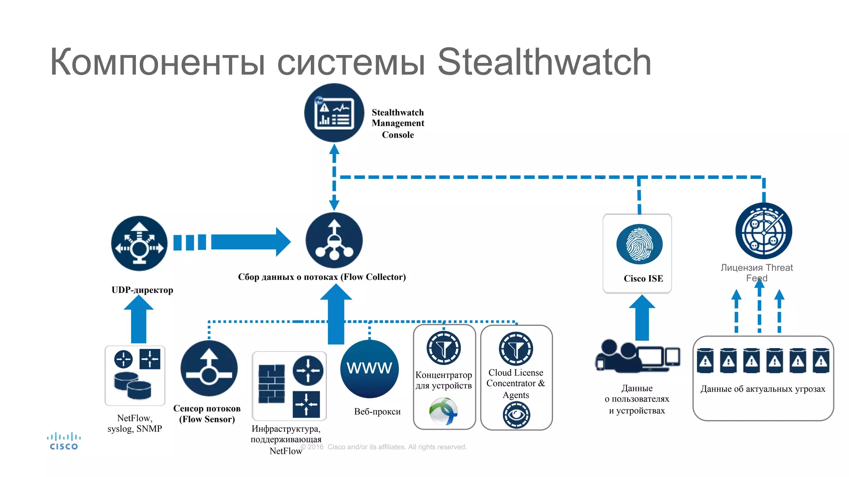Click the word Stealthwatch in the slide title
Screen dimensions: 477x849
click(x=544, y=62)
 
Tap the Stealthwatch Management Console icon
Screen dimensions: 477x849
click(x=334, y=113)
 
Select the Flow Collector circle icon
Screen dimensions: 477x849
click(x=334, y=241)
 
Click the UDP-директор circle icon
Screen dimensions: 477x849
click(x=139, y=243)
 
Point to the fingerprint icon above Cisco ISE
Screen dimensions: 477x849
click(x=639, y=244)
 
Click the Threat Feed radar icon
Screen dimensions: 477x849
click(x=764, y=231)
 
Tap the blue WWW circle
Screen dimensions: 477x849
click(x=369, y=368)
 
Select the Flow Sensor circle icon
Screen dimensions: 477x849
click(x=209, y=369)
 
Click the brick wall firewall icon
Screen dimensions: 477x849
click(x=272, y=384)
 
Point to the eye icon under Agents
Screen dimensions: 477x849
click(x=516, y=415)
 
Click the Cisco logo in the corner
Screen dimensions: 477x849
click(x=64, y=441)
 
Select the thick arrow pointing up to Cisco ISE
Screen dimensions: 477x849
click(x=642, y=318)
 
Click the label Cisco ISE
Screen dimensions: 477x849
click(x=643, y=279)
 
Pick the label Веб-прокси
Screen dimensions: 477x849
click(x=377, y=412)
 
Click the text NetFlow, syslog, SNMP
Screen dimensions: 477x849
click(x=135, y=423)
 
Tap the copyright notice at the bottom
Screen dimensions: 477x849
click(x=384, y=447)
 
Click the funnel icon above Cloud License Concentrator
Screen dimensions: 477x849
click(x=516, y=349)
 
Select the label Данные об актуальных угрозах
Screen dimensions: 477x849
click(x=763, y=389)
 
